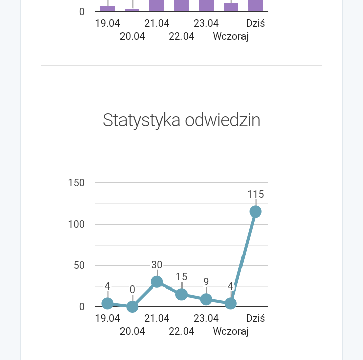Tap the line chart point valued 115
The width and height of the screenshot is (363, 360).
[255, 211]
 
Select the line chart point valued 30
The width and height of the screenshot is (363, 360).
[157, 282]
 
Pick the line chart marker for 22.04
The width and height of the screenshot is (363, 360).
[181, 294]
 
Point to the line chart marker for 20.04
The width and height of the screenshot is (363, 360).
[132, 306]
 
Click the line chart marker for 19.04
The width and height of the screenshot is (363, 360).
[107, 303]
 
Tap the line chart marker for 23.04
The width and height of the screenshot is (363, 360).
[206, 299]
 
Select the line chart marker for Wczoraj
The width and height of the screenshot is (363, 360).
[231, 303]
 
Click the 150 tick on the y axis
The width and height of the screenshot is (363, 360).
[76, 183]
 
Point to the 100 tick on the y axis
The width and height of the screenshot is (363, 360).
[76, 224]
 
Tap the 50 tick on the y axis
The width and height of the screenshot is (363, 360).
[79, 265]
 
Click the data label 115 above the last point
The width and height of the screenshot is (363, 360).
[255, 195]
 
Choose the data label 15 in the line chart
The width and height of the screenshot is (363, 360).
[181, 277]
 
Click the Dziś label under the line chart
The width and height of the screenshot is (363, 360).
[256, 318]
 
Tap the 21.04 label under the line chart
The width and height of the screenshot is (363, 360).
[157, 318]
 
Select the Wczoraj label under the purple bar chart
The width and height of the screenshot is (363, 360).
[231, 36]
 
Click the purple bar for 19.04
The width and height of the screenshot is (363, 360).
[107, 8]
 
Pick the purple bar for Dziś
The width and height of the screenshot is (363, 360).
[256, 5]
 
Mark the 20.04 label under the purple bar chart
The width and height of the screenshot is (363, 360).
[132, 36]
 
